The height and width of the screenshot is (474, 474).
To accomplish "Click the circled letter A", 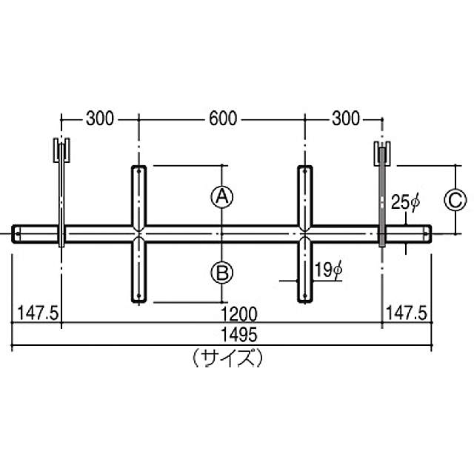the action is point(222,197).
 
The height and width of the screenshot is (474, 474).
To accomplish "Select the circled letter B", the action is point(222,273).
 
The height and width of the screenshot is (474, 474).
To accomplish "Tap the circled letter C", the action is point(455,200).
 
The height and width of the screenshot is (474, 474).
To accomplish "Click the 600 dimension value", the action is point(223,118).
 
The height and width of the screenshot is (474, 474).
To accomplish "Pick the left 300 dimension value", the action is point(100,118).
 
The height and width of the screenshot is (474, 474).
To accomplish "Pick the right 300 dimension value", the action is point(346,118).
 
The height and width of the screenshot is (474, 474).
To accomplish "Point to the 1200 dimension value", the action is point(238,313).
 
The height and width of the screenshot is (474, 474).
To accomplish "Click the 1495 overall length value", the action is point(238,335).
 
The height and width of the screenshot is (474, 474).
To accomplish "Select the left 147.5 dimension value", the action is point(38,313).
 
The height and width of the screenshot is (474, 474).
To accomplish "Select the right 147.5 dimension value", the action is point(407,313).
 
